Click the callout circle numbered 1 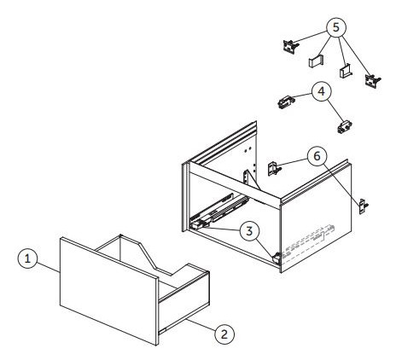pyautogui.click(x=27, y=258)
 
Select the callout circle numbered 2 pyautogui.click(x=224, y=334)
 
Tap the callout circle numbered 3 pyautogui.click(x=249, y=231)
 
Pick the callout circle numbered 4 pyautogui.click(x=322, y=91)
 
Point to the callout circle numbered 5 pyautogui.click(x=336, y=27)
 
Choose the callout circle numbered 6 pyautogui.click(x=317, y=156)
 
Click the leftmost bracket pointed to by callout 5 pyautogui.click(x=291, y=46)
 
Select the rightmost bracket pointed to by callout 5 pyautogui.click(x=373, y=81)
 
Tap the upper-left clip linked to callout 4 pyautogui.click(x=285, y=102)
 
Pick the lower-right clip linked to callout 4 pyautogui.click(x=345, y=127)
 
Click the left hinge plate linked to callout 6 pyautogui.click(x=274, y=168)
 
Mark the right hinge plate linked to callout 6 pyautogui.click(x=363, y=206)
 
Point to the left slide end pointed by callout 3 pyautogui.click(x=197, y=225)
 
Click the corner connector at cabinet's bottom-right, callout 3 pyautogui.click(x=277, y=258)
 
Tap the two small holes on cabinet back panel pyautogui.click(x=247, y=148)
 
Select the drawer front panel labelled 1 pyautogui.click(x=108, y=292)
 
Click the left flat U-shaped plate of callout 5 pyautogui.click(x=317, y=61)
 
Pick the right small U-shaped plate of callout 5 pyautogui.click(x=346, y=71)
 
